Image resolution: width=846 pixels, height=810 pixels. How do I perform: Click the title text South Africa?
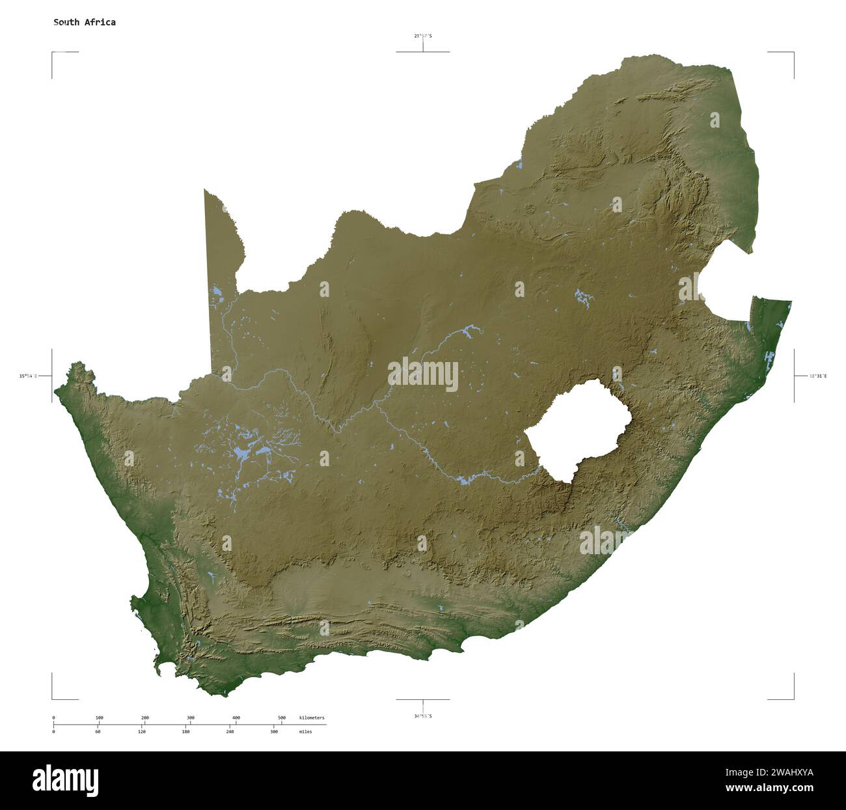tap(85, 22)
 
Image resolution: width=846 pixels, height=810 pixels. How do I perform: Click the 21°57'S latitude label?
tap(422, 36)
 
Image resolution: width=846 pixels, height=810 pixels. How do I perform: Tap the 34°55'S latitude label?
tap(422, 716)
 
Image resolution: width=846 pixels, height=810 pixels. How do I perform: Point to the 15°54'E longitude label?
tap(28, 376)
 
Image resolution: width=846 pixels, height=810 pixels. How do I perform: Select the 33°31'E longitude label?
tap(818, 376)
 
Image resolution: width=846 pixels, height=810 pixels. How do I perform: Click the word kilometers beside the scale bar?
tap(312, 718)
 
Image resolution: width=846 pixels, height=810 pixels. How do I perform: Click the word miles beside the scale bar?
tap(305, 732)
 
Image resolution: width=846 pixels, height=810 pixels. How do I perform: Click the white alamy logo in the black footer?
tap(66, 780)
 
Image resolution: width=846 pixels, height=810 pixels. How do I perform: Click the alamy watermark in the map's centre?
tap(423, 374)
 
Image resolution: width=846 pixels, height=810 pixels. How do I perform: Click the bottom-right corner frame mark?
tap(793, 698)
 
